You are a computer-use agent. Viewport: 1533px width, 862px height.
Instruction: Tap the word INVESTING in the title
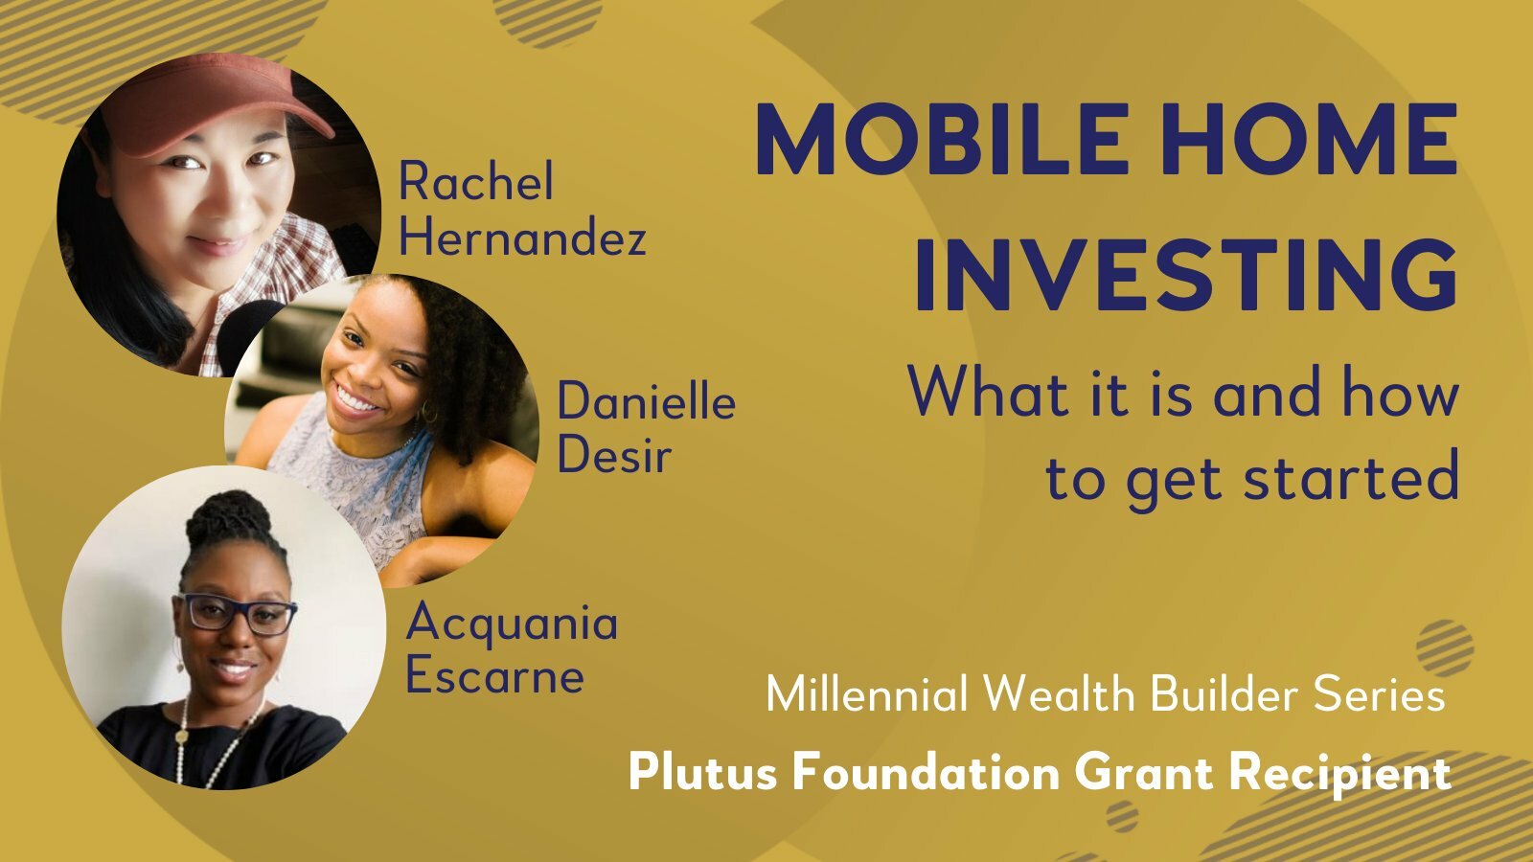pos(1187,275)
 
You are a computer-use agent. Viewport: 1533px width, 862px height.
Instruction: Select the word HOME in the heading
pos(1309,139)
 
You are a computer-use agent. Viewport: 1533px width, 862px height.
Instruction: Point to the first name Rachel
pos(475,181)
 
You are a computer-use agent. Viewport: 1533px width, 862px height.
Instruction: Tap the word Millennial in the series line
pos(867,693)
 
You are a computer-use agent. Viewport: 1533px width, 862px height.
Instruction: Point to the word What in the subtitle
pos(988,391)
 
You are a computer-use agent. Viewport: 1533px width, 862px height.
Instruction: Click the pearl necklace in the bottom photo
pos(212,742)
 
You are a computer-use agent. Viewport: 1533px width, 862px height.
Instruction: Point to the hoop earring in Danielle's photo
pos(429,411)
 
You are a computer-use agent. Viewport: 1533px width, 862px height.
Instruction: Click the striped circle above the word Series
pos(1445,647)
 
